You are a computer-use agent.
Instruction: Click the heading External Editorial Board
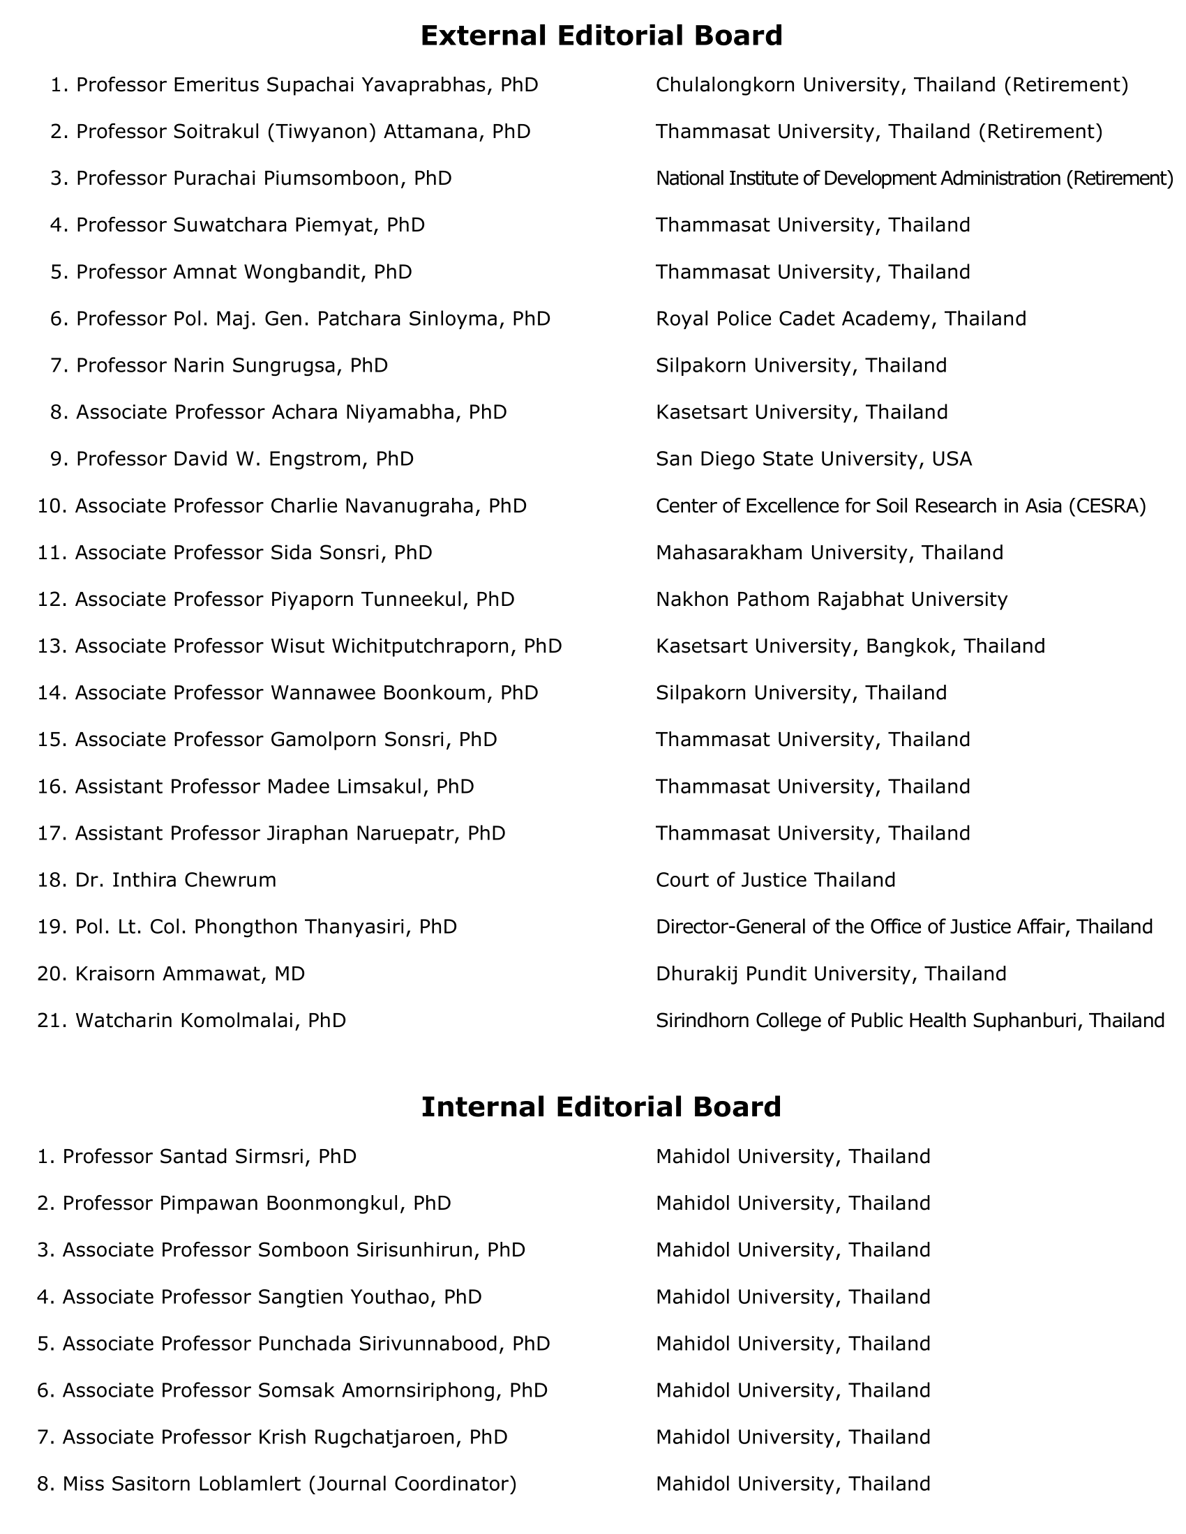click(601, 35)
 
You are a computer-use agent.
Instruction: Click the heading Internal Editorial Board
click(601, 1107)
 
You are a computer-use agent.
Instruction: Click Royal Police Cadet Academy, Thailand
click(841, 319)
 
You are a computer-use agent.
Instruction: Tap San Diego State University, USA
click(813, 459)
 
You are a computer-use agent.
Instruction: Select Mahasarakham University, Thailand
click(829, 553)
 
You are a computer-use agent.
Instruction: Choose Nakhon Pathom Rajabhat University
click(831, 599)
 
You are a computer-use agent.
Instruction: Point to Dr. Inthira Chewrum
click(175, 880)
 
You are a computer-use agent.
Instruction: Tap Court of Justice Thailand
click(775, 880)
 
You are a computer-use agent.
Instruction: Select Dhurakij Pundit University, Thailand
click(830, 973)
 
